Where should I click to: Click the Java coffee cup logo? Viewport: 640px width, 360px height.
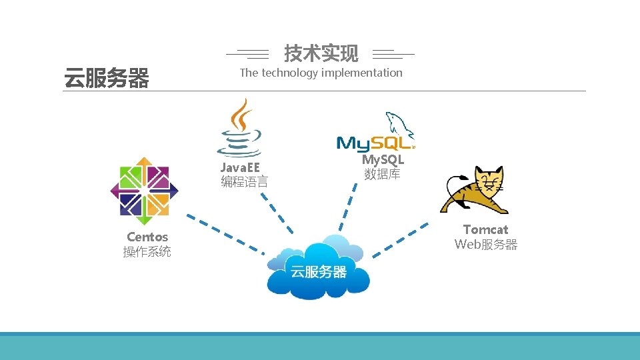(239, 127)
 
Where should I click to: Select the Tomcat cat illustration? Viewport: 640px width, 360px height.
(475, 191)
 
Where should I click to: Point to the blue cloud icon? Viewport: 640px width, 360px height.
(318, 267)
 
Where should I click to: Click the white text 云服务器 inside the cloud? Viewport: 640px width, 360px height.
(318, 271)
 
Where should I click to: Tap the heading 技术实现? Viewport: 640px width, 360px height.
(321, 53)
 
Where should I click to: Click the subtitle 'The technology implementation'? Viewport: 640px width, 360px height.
(321, 73)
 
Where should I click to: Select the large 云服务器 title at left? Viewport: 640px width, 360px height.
(106, 79)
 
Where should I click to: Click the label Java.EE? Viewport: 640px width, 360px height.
(240, 167)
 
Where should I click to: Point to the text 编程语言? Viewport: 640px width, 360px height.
(244, 181)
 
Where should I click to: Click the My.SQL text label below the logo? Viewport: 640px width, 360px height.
(383, 160)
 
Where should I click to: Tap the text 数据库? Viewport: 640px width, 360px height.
(382, 175)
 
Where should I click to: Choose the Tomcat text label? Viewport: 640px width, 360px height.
(485, 229)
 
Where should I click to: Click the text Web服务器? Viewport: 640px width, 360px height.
(485, 245)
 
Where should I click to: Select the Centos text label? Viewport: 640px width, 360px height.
(147, 237)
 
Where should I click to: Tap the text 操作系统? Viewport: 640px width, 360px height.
(147, 252)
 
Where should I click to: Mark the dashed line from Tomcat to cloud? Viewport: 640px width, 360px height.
(400, 241)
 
